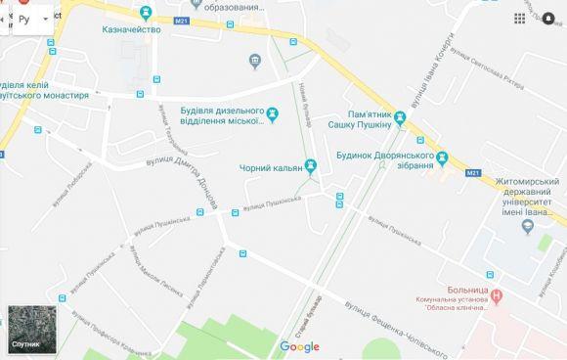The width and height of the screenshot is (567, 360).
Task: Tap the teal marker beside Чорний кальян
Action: (311, 164)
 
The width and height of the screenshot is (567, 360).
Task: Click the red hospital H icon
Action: (498, 294)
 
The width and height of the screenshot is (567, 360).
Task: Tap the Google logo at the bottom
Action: (299, 347)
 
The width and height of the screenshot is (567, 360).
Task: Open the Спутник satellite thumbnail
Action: (25, 330)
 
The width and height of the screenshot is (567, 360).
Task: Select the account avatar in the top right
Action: (549, 19)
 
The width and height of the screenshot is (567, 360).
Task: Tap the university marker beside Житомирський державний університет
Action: (528, 228)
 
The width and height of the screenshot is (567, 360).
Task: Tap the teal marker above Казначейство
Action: (147, 13)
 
